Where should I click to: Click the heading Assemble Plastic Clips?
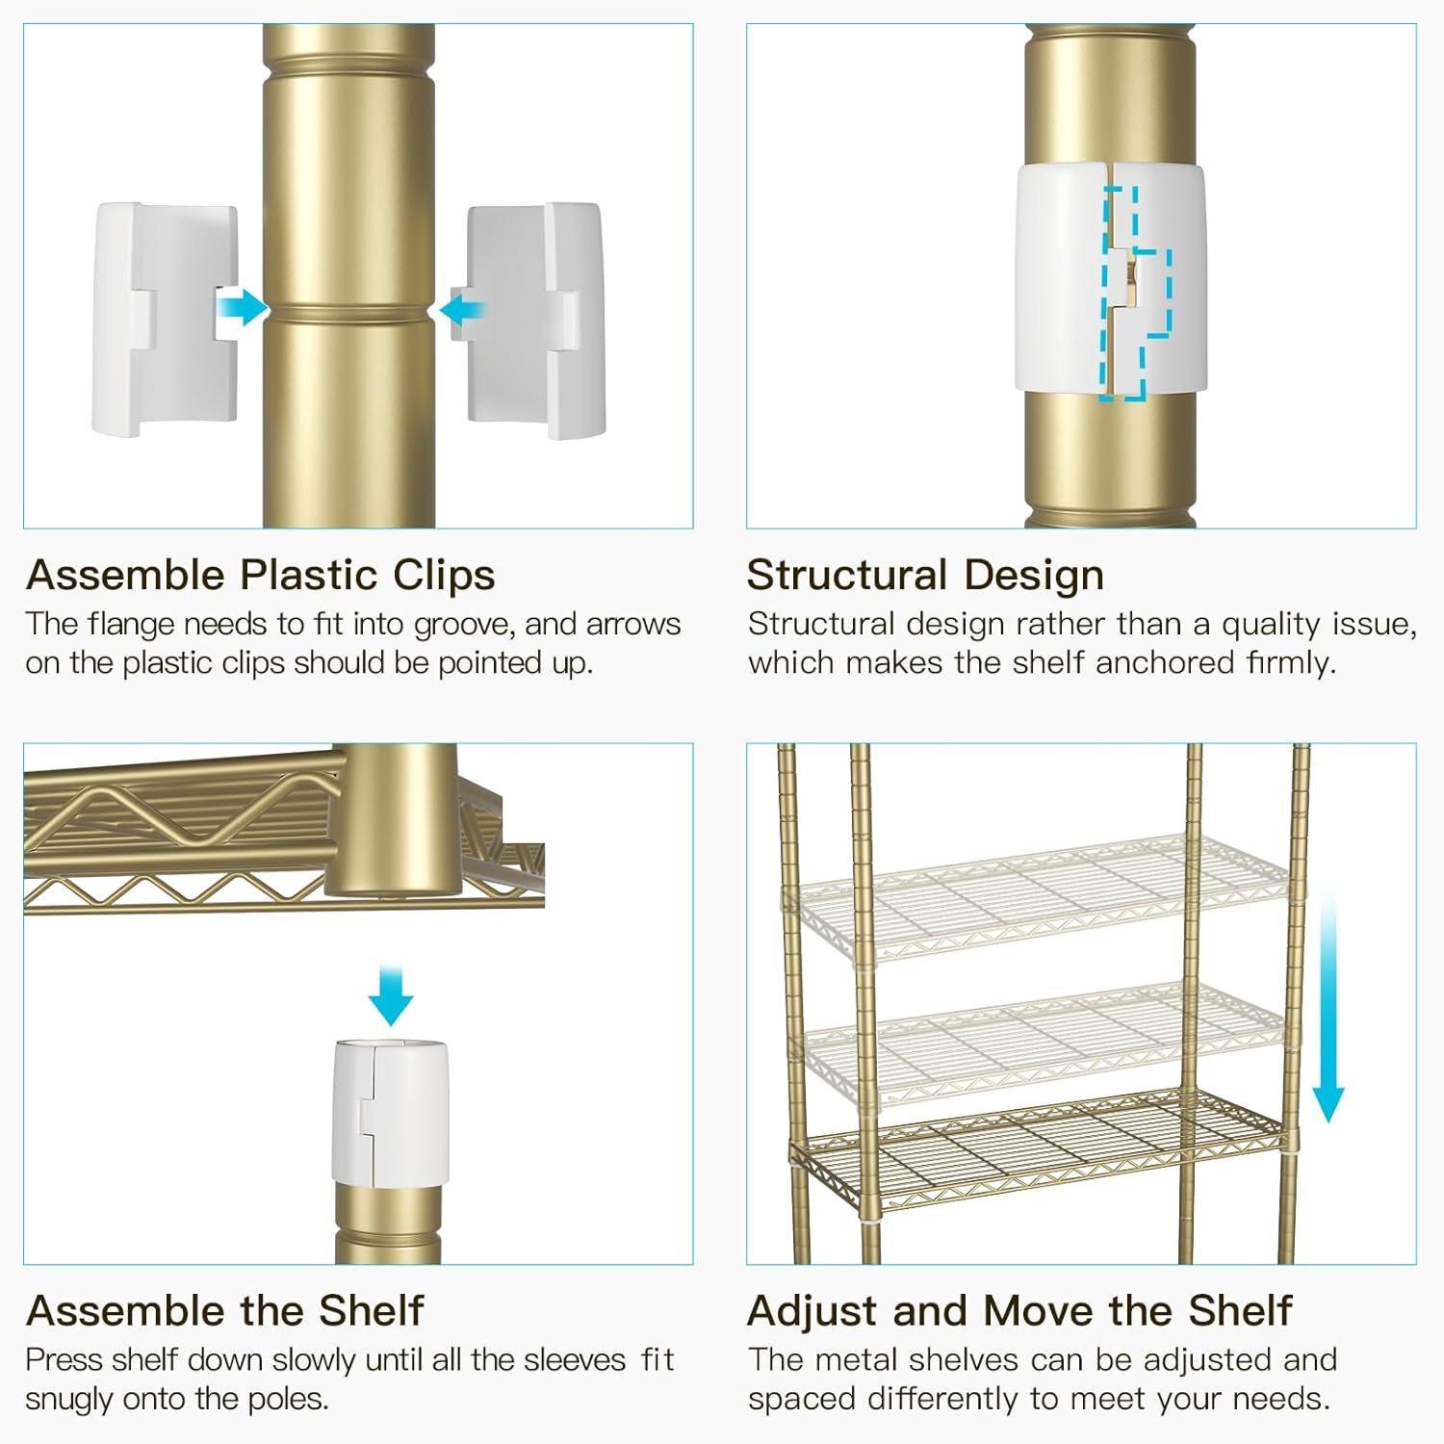tap(261, 575)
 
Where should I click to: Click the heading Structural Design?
tap(925, 575)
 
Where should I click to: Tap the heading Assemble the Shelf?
tap(225, 1310)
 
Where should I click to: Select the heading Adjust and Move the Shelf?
tap(1019, 1310)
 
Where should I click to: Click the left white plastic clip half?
tap(164, 320)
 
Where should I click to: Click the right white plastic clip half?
tap(535, 321)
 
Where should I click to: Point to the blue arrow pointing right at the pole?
tap(242, 308)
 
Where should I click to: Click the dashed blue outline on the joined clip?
tap(1136, 294)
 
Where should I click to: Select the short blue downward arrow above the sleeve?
tap(392, 995)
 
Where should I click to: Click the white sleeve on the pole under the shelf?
tap(390, 1111)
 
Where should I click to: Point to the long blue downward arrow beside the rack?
tap(1328, 1006)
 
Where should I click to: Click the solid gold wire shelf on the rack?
tap(1038, 1146)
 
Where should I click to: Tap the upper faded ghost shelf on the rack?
tap(1038, 895)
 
